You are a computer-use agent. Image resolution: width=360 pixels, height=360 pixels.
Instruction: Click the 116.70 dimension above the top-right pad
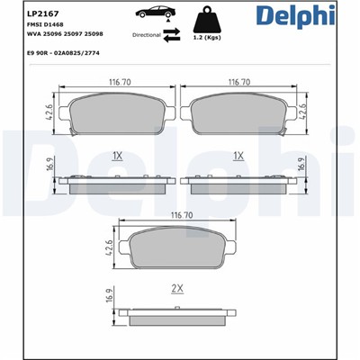point(239,81)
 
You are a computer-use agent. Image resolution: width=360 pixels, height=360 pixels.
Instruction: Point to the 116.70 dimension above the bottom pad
point(177,216)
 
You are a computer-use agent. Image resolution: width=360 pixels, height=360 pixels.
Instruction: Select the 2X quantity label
point(177,288)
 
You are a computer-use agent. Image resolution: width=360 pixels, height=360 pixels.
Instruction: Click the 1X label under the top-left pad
point(116,155)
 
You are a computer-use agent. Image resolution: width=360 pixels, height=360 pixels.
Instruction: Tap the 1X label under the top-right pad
point(238,155)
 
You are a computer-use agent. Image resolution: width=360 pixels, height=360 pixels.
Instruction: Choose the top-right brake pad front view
point(239,112)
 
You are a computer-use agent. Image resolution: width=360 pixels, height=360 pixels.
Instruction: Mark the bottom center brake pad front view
point(177,247)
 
